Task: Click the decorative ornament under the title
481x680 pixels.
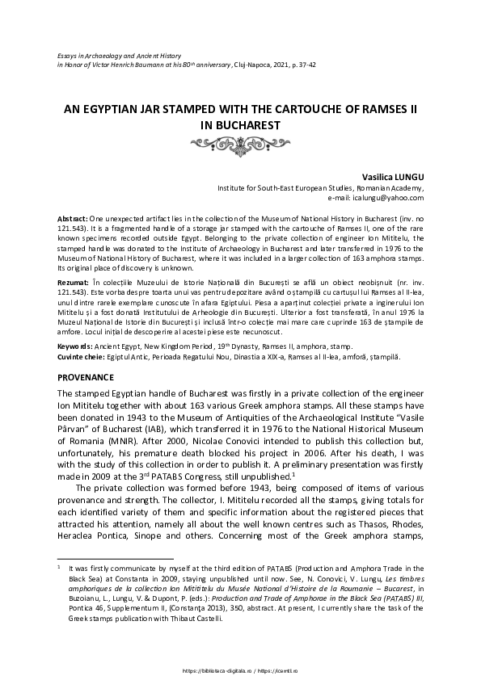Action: click(x=240, y=142)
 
